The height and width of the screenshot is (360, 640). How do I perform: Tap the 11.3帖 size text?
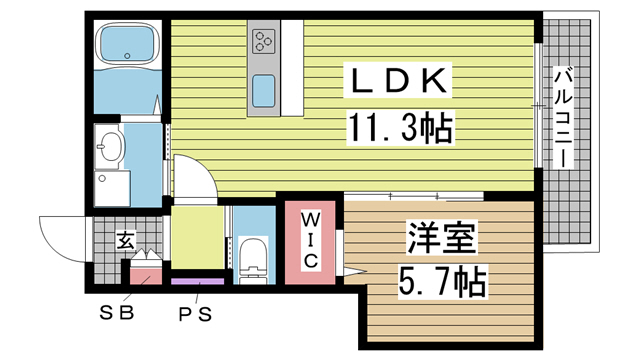pyautogui.click(x=398, y=127)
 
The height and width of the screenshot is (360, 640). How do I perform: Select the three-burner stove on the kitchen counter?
pyautogui.click(x=264, y=41)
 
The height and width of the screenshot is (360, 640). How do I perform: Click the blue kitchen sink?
pyautogui.click(x=265, y=91)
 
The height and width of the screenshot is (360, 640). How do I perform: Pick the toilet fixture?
pyautogui.click(x=254, y=256)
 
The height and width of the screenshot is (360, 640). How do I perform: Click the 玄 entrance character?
pyautogui.click(x=124, y=240)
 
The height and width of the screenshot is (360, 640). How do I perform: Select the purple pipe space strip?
pyautogui.click(x=197, y=283)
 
